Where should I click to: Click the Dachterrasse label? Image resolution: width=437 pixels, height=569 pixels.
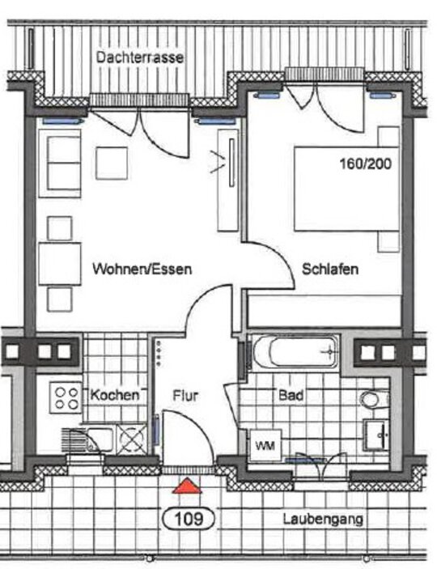click(140, 57)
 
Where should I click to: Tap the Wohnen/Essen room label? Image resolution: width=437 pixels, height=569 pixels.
click(142, 270)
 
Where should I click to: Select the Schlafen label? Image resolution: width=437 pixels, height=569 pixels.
click(330, 270)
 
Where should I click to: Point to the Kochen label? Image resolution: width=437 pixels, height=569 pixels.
click(115, 395)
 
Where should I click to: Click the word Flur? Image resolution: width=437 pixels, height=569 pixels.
click(185, 395)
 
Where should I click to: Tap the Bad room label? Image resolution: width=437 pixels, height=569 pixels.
click(291, 395)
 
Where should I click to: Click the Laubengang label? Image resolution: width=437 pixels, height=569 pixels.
click(323, 520)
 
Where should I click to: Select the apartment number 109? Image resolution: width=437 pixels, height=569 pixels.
click(189, 519)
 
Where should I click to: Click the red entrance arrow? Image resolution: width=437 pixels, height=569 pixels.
click(187, 486)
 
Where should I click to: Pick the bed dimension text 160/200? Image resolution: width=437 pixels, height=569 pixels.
click(366, 163)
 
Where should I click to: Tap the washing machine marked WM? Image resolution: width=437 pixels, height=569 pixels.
click(265, 445)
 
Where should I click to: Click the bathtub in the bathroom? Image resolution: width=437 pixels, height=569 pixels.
click(295, 351)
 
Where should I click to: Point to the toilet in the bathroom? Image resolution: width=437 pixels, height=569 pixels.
click(375, 399)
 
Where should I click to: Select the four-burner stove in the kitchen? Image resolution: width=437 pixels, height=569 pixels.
click(66, 397)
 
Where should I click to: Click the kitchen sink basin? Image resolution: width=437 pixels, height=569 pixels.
click(99, 439)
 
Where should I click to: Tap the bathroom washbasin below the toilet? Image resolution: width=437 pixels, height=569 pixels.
click(376, 435)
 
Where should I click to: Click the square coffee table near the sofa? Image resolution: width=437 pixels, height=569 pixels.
click(112, 163)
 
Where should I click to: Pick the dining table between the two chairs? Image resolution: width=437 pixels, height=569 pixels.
click(60, 264)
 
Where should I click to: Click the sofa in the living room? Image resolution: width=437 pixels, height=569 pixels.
click(60, 163)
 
